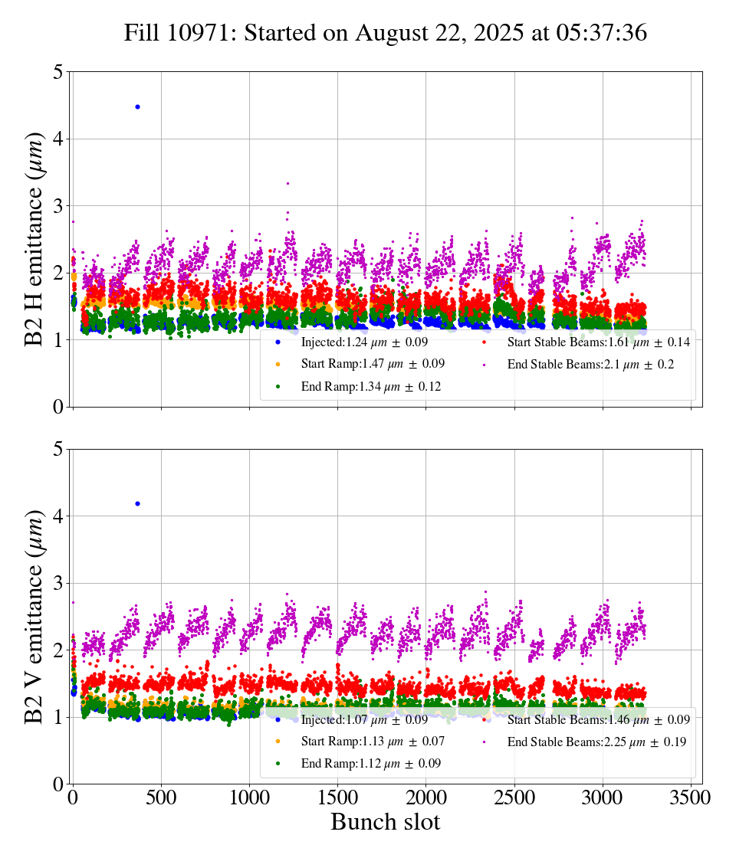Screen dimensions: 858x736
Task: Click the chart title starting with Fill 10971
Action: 386,33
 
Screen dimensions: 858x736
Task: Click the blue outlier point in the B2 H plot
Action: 137,106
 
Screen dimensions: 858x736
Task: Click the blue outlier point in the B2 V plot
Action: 137,503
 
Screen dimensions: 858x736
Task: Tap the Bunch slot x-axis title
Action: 386,822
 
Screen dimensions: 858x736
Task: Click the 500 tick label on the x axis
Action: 161,797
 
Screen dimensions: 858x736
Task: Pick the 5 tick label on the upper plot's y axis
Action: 57,72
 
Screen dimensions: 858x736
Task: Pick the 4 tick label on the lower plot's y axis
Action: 57,516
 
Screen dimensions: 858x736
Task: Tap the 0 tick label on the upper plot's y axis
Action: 57,407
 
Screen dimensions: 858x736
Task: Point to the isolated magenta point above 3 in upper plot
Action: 287,183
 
